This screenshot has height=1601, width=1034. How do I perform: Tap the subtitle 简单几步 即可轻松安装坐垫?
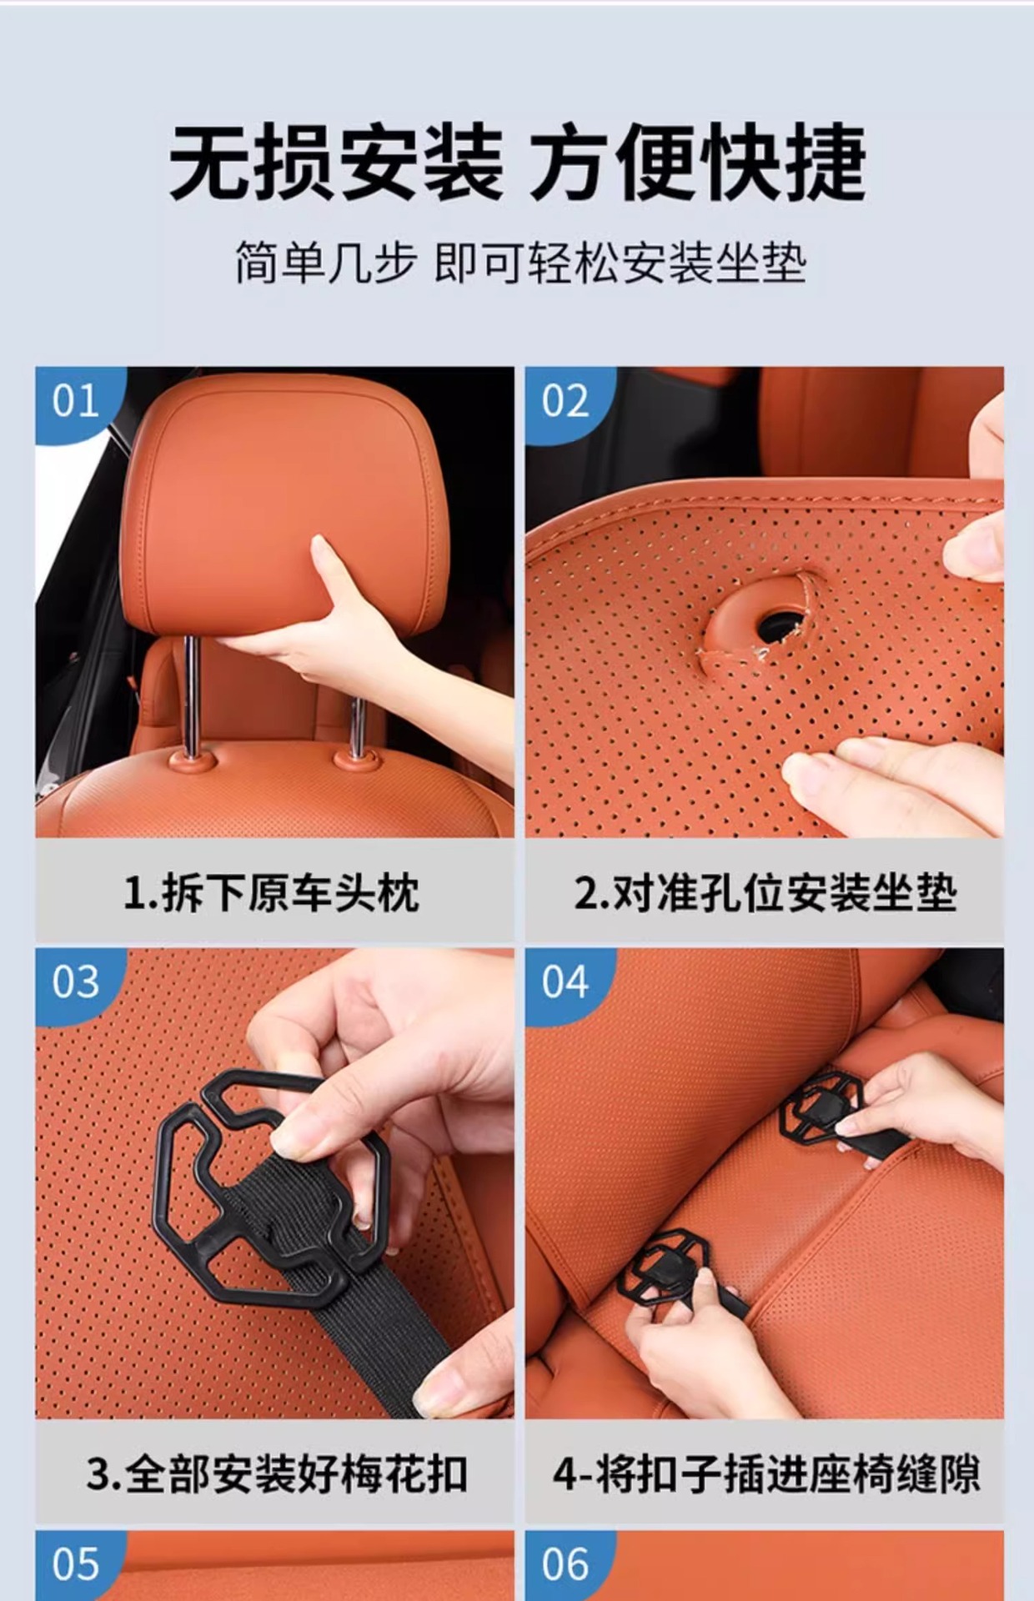pyautogui.click(x=520, y=263)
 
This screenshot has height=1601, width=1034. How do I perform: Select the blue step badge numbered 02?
pyautogui.click(x=565, y=401)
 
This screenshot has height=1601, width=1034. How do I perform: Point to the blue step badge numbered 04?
pyautogui.click(x=565, y=981)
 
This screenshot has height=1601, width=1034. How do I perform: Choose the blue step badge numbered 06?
pyautogui.click(x=565, y=1564)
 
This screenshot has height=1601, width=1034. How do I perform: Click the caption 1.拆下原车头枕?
pyautogui.click(x=271, y=893)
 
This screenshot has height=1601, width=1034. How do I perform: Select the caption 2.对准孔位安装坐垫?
pyautogui.click(x=765, y=893)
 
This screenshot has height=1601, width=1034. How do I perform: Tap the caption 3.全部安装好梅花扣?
pyautogui.click(x=276, y=1474)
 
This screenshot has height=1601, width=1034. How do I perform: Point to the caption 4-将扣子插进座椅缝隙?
pyautogui.click(x=766, y=1474)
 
